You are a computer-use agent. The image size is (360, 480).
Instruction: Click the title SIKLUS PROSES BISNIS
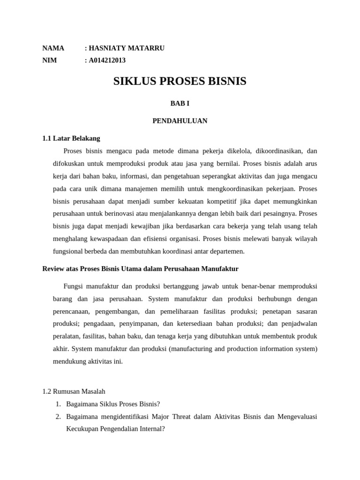[x=180, y=82]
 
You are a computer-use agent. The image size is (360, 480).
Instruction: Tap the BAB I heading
[x=180, y=103]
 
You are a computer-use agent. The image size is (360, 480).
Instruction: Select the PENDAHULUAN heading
[x=180, y=121]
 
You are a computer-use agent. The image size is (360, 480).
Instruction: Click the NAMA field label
[x=53, y=48]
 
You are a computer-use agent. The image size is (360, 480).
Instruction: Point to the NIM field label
[x=49, y=60]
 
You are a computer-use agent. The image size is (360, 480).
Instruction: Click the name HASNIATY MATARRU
[x=127, y=48]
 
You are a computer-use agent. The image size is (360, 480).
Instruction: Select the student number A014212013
[x=107, y=60]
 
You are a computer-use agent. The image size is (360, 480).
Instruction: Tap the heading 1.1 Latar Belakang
[x=71, y=138]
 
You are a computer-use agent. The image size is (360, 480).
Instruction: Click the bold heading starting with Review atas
[x=140, y=269]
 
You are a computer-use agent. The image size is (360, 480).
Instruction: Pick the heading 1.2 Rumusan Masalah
[x=74, y=391]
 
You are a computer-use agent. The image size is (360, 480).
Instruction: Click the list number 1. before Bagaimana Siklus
[x=58, y=404]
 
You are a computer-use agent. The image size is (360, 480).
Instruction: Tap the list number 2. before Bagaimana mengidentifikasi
[x=58, y=416]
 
